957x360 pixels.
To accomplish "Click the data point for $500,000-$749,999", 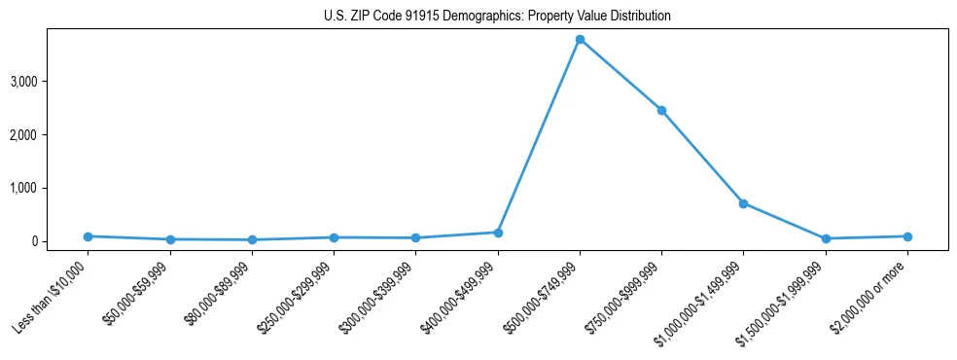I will (x=580, y=40).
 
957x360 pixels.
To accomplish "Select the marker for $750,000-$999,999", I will (x=661, y=110).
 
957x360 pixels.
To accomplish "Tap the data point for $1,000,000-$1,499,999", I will (x=743, y=203).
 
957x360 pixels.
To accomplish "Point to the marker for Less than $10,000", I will (x=89, y=236).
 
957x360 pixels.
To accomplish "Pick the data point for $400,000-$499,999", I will (x=498, y=233).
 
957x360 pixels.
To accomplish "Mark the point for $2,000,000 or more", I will (x=907, y=236).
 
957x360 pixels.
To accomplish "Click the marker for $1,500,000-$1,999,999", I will (x=826, y=238).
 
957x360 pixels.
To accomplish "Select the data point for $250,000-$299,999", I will (x=334, y=237).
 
